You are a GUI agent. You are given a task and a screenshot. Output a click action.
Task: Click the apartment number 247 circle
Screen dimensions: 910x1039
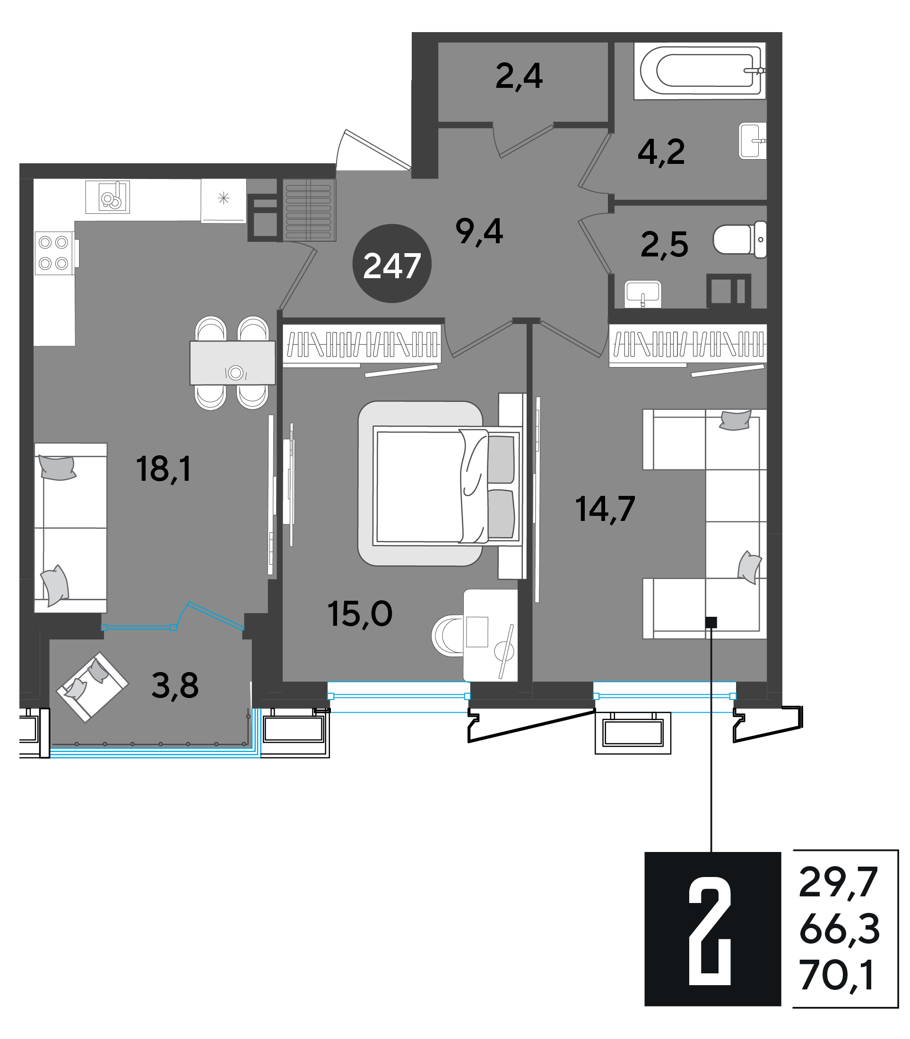pos(392,264)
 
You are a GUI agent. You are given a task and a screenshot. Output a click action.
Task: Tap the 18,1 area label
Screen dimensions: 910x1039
pos(164,469)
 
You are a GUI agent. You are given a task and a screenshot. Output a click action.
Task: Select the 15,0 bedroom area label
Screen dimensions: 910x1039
pos(360,614)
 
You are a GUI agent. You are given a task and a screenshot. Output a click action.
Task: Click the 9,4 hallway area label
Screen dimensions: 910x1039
pos(479,231)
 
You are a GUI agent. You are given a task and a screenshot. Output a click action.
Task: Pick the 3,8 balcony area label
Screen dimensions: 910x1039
pos(175,685)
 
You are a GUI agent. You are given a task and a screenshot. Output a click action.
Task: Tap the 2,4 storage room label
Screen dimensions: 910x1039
pos(519,77)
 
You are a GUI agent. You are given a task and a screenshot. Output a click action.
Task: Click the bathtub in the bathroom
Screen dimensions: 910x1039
pos(700,71)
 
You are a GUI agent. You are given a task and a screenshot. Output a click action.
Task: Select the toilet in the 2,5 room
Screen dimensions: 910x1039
pos(740,239)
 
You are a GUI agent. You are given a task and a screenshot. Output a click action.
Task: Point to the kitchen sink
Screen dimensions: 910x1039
pos(108,197)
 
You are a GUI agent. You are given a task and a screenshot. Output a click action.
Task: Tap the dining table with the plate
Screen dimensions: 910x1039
pos(233,362)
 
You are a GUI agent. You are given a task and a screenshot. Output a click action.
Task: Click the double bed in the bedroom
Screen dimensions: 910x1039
pos(447,485)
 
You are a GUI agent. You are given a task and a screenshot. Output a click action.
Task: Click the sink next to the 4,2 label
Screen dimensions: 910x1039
pos(753,141)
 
